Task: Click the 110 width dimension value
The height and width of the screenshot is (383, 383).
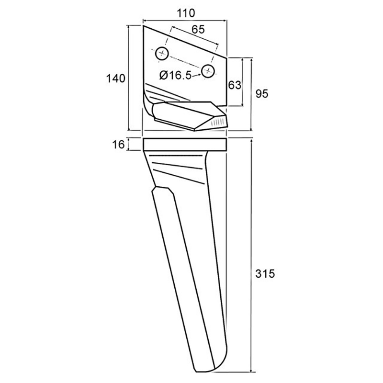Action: [x=186, y=13]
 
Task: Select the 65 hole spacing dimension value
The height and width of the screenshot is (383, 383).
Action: [x=198, y=30]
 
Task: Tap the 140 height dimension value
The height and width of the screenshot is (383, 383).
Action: [x=116, y=79]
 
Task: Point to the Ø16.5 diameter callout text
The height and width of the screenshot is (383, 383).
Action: [x=175, y=75]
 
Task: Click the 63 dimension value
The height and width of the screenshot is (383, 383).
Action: [x=235, y=85]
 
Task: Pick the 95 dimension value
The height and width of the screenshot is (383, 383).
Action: [x=262, y=94]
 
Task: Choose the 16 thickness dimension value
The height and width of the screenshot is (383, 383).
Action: [x=118, y=145]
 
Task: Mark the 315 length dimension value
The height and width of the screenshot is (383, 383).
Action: [x=265, y=274]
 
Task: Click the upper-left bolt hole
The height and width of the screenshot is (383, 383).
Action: [x=162, y=53]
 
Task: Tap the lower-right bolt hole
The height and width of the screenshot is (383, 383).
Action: [x=208, y=71]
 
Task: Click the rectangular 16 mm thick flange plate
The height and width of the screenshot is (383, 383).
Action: [x=185, y=145]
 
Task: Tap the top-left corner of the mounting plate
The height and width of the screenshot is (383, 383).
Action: [x=143, y=26]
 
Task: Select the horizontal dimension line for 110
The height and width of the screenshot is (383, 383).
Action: [x=185, y=21]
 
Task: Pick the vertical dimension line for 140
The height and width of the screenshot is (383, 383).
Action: [x=129, y=78]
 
